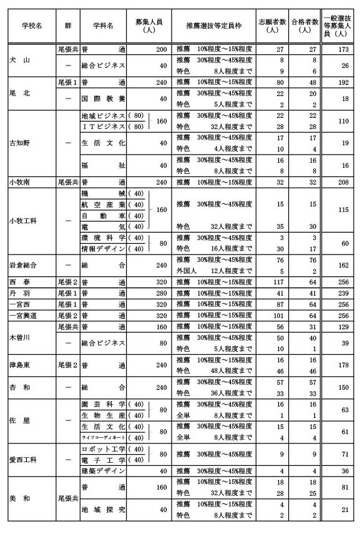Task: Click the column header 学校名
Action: [32, 26]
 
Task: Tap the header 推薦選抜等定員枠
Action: [213, 26]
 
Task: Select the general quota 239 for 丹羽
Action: [341, 293]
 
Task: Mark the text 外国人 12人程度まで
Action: [213, 271]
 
